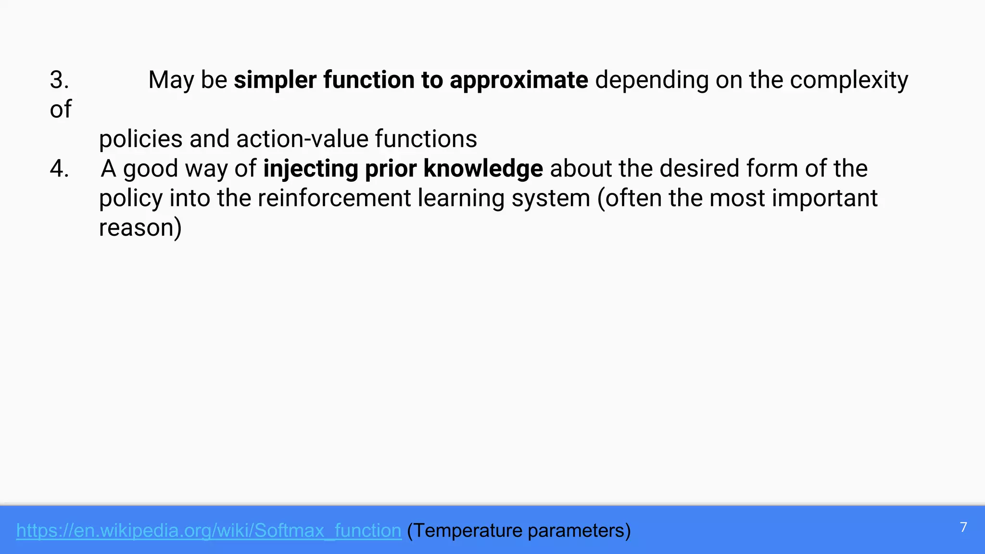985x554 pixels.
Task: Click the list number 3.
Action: click(59, 80)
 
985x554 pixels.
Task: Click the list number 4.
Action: click(59, 169)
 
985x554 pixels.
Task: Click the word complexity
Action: click(848, 80)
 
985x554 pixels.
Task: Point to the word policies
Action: click(140, 139)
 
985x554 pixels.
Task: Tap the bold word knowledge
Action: click(483, 169)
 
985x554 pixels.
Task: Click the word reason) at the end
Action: click(140, 228)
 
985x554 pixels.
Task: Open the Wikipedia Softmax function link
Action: click(209, 530)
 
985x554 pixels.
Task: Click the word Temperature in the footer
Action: click(465, 530)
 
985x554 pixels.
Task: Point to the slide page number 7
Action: click(963, 528)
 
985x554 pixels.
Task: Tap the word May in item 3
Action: click(171, 80)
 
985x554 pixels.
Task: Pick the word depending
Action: click(652, 80)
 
